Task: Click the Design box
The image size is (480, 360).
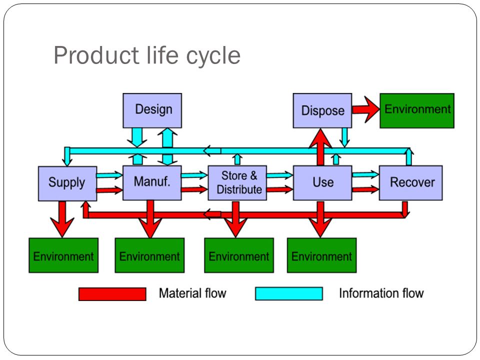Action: click(152, 110)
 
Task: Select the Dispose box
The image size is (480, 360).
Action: click(322, 110)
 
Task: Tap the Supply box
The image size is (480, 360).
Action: click(67, 183)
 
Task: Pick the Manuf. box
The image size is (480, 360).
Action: click(152, 183)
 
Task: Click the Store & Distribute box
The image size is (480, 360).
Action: click(237, 183)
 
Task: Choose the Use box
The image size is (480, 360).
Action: click(322, 183)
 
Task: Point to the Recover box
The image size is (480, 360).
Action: click(411, 183)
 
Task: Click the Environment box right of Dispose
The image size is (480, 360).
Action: click(417, 110)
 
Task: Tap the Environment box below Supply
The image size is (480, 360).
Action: click(63, 255)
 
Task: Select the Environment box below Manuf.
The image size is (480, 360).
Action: click(149, 255)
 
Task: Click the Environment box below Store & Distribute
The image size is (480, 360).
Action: click(239, 255)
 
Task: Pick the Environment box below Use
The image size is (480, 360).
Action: click(321, 255)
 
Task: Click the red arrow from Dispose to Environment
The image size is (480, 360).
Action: click(366, 109)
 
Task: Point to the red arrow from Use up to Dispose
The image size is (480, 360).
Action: click(320, 147)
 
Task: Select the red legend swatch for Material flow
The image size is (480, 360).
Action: click(112, 294)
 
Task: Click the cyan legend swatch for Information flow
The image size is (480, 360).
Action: click(289, 293)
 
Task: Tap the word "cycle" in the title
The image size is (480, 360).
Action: click(213, 56)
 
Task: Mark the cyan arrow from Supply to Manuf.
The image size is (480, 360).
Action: click(109, 175)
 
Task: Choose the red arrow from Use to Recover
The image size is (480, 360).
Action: click(365, 190)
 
